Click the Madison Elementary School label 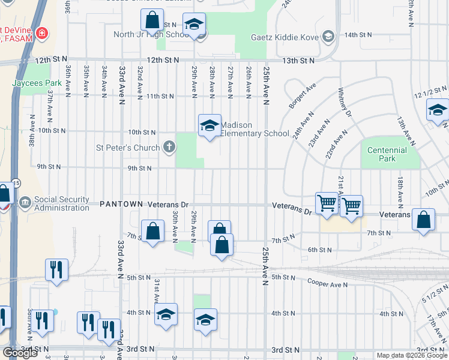[x=255, y=129]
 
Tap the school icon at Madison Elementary [x=209, y=125]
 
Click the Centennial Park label [x=387, y=154]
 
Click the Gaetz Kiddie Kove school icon [x=328, y=38]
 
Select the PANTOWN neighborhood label [x=121, y=204]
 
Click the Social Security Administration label [x=62, y=203]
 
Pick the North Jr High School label [x=152, y=34]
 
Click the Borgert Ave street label [x=302, y=96]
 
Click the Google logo [x=20, y=353]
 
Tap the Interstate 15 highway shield [x=14, y=182]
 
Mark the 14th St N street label [x=359, y=35]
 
